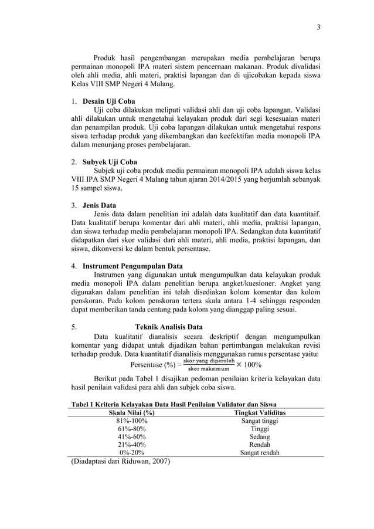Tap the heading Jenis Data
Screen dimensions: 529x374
[99, 205]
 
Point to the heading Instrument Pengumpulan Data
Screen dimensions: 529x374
[132, 266]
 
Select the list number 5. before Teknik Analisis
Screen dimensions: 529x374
[74, 327]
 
